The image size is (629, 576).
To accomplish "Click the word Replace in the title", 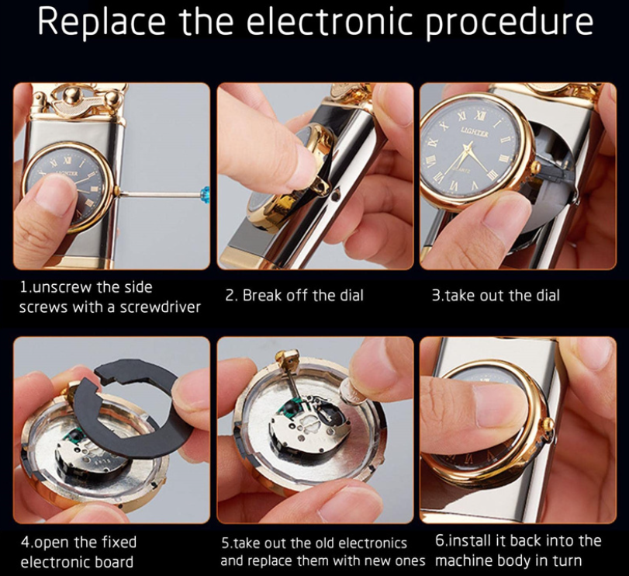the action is (102, 22).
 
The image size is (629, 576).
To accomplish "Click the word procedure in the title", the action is (509, 23).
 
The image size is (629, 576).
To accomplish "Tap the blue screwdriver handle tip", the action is (206, 194).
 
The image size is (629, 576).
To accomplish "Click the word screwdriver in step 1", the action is (161, 307).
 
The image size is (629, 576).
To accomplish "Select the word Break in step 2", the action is (260, 296).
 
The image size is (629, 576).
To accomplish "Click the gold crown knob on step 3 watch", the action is (535, 167).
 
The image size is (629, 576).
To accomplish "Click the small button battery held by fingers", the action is (354, 392).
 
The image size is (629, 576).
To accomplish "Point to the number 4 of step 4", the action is (25, 543).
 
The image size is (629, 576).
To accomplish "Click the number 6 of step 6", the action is (440, 541).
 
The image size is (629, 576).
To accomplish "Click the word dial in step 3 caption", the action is (548, 296).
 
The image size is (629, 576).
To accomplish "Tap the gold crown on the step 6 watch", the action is (545, 424).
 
